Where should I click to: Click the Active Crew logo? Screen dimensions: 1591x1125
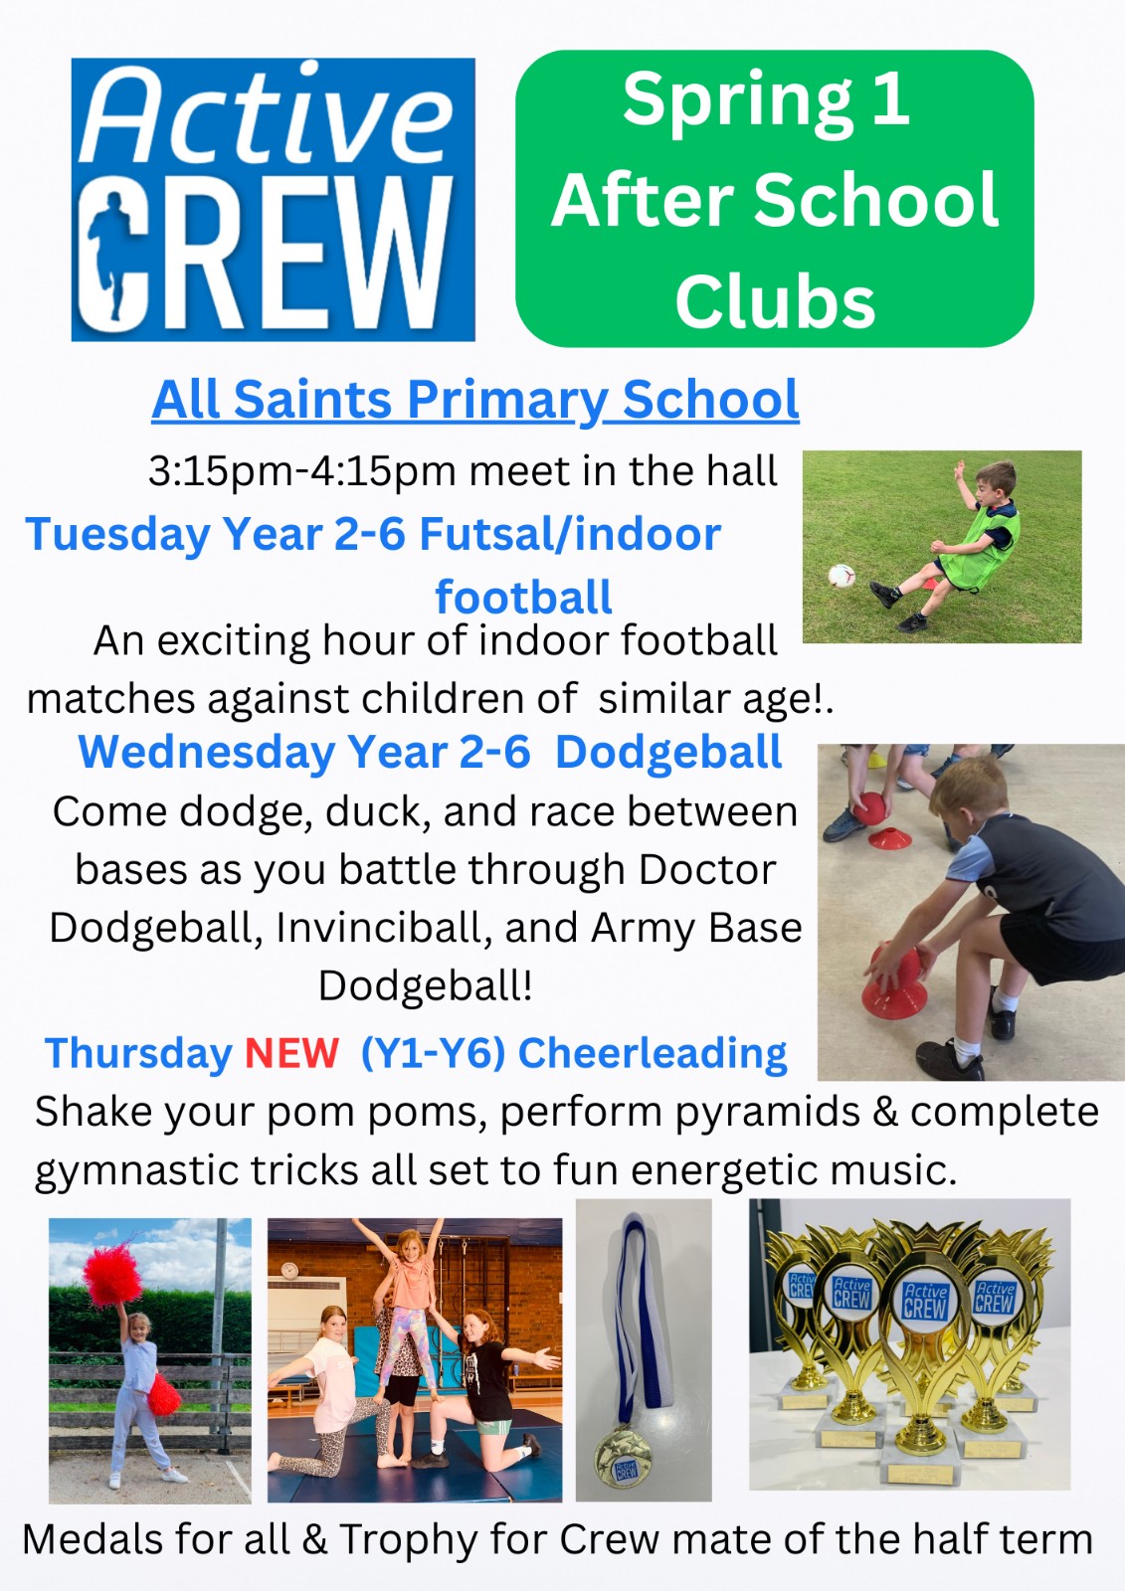[273, 199]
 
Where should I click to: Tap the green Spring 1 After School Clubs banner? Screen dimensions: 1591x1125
[774, 199]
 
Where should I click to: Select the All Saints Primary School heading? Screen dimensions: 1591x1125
[475, 400]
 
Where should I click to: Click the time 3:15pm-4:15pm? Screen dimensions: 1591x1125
[301, 471]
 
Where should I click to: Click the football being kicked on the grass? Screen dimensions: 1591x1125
[842, 576]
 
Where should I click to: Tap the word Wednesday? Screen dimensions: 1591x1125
[207, 753]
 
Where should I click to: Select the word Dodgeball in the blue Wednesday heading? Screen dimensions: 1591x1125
[668, 753]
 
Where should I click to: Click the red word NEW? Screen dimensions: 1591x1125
[291, 1053]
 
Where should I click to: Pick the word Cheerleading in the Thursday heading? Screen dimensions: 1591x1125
[653, 1053]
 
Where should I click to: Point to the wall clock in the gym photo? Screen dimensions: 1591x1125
[288, 1271]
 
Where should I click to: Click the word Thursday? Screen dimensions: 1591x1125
[138, 1053]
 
